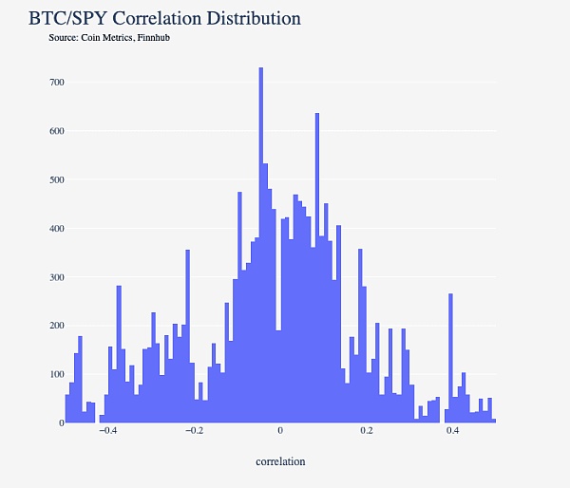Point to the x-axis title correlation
coord(280,461)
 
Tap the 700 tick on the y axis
coord(56,83)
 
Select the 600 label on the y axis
coord(56,131)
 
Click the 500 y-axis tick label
coord(56,179)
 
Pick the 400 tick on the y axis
coord(56,229)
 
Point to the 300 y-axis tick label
coord(56,277)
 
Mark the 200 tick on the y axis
coord(56,326)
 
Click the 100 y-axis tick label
coord(56,374)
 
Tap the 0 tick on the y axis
coord(61,422)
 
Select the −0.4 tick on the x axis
coord(107,431)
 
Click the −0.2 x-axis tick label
coord(194,431)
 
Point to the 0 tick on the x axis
coord(280,431)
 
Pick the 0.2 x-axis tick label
coord(367,431)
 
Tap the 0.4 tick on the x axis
coord(453,431)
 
